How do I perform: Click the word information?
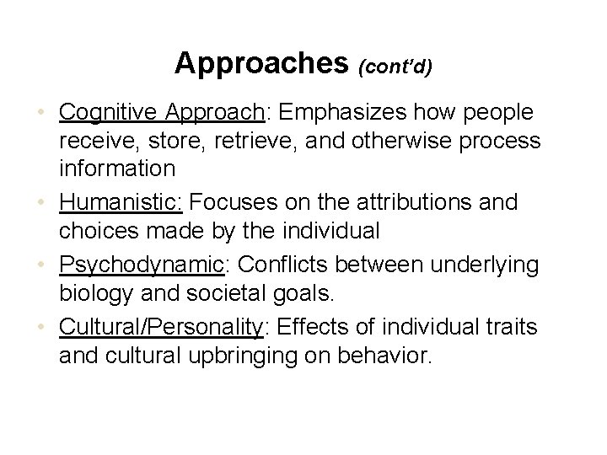tap(117, 168)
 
